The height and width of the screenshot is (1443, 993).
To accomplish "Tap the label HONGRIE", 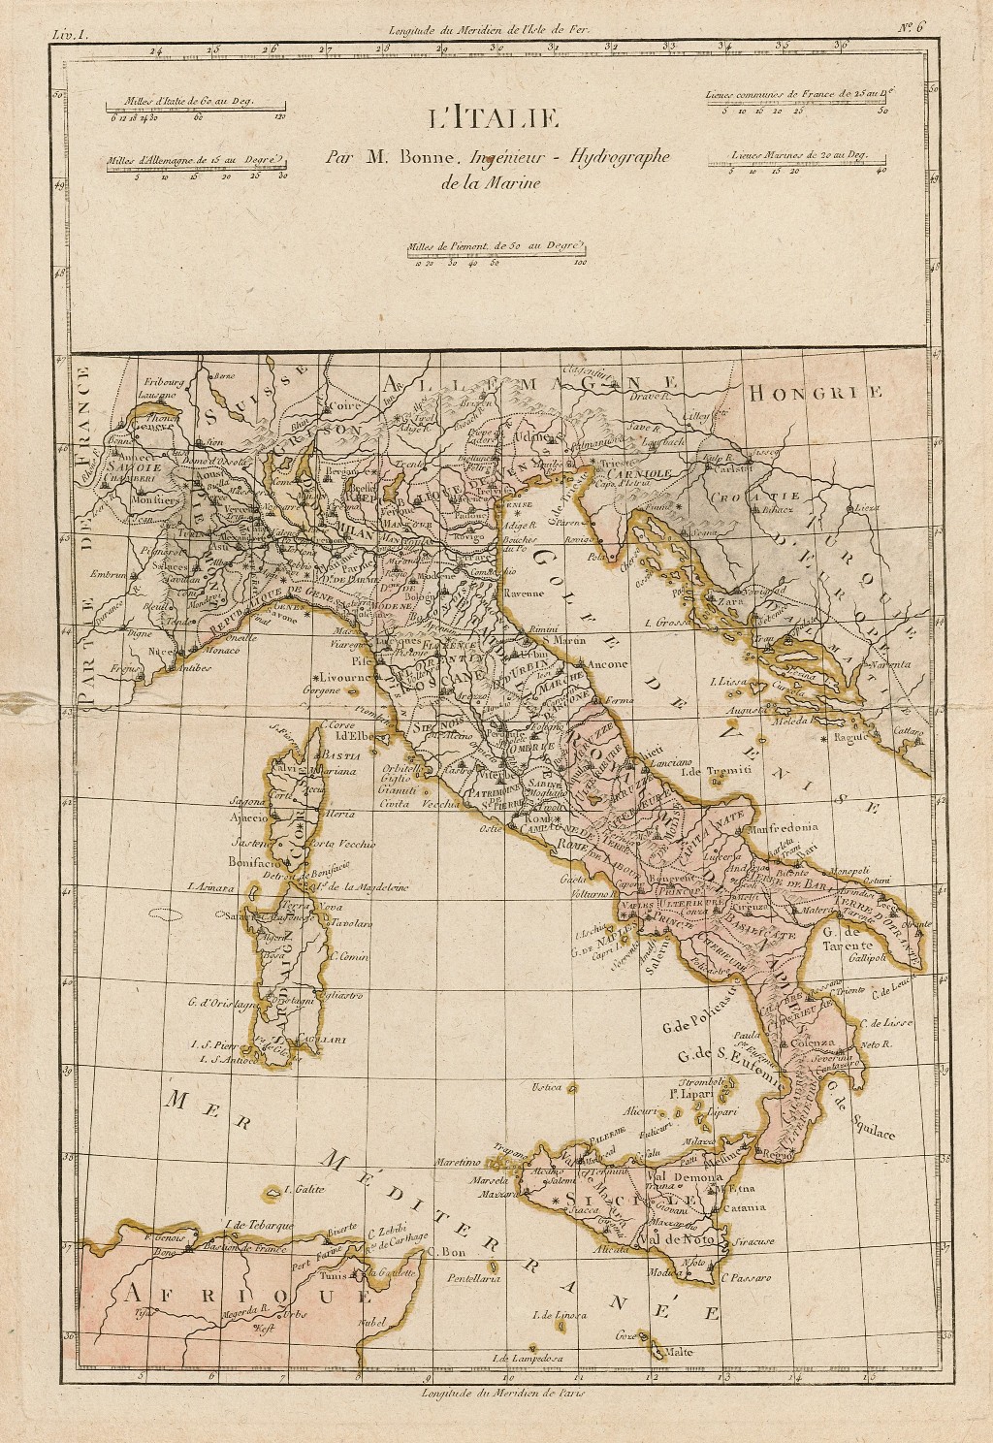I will click(x=815, y=393).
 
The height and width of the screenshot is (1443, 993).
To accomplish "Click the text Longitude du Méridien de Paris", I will click(x=503, y=1394).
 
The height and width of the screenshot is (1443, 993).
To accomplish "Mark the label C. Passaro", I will click(x=745, y=1278).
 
